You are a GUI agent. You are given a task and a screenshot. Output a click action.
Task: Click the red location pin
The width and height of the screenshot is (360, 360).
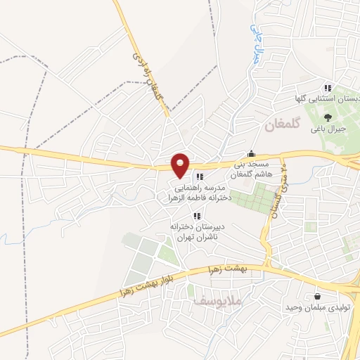tap(181, 165)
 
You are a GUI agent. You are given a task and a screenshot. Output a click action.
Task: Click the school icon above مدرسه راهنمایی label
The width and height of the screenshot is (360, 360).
tap(200, 176)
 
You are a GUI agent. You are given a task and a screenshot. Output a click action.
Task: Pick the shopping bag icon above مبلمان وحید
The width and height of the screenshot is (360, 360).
tap(318, 295)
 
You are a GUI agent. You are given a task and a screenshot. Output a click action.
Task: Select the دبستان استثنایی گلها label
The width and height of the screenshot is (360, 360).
tap(329, 101)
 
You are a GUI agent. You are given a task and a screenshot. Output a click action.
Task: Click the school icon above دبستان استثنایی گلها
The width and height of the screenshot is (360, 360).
tap(328, 88)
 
